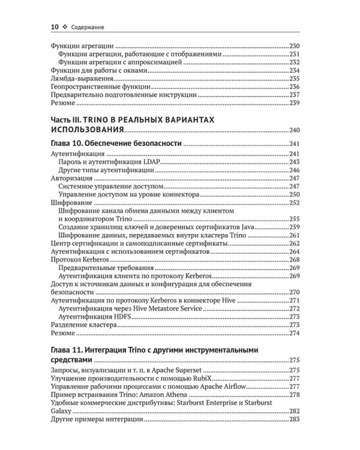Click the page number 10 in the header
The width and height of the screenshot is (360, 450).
pos(54,26)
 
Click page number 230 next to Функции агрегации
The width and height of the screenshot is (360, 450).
pos(294,46)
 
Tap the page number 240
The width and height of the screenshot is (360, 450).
pos(294,130)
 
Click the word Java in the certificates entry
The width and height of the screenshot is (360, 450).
pos(226,227)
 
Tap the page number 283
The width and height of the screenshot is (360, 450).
pos(294,421)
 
